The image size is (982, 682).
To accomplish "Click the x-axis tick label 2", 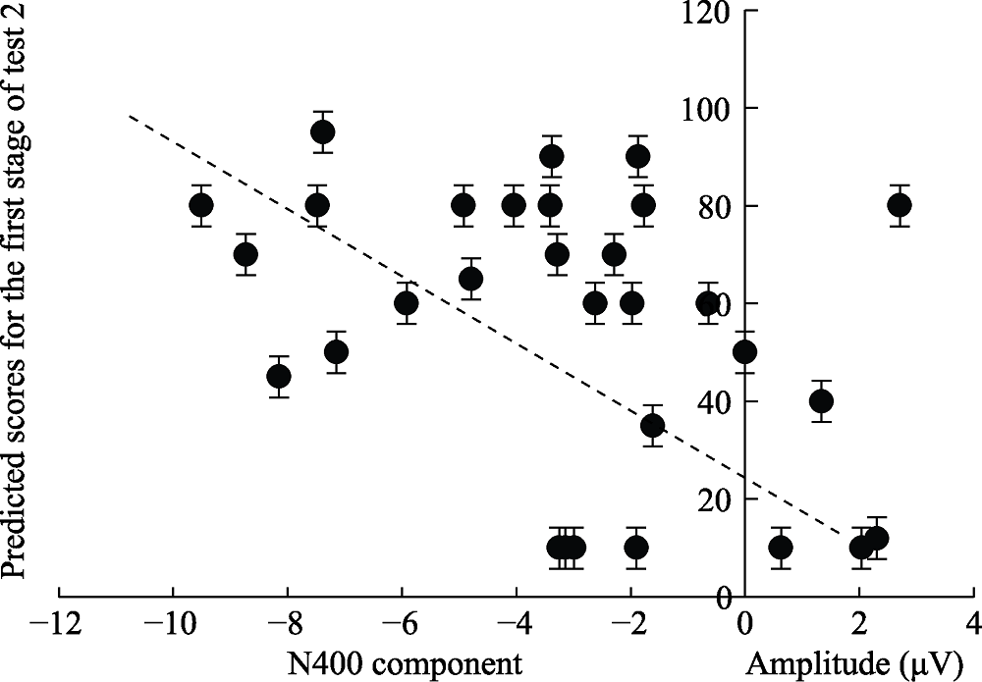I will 859,625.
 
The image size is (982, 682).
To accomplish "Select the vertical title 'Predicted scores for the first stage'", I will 17,294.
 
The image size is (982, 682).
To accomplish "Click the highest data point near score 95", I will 323,132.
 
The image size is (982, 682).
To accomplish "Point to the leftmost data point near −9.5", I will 201,205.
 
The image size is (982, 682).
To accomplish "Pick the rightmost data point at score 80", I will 900,205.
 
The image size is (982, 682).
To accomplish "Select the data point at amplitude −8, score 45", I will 279,376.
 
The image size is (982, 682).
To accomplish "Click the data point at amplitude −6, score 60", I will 407,303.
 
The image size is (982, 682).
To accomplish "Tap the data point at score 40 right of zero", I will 821,401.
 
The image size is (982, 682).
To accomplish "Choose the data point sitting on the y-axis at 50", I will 745,352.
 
